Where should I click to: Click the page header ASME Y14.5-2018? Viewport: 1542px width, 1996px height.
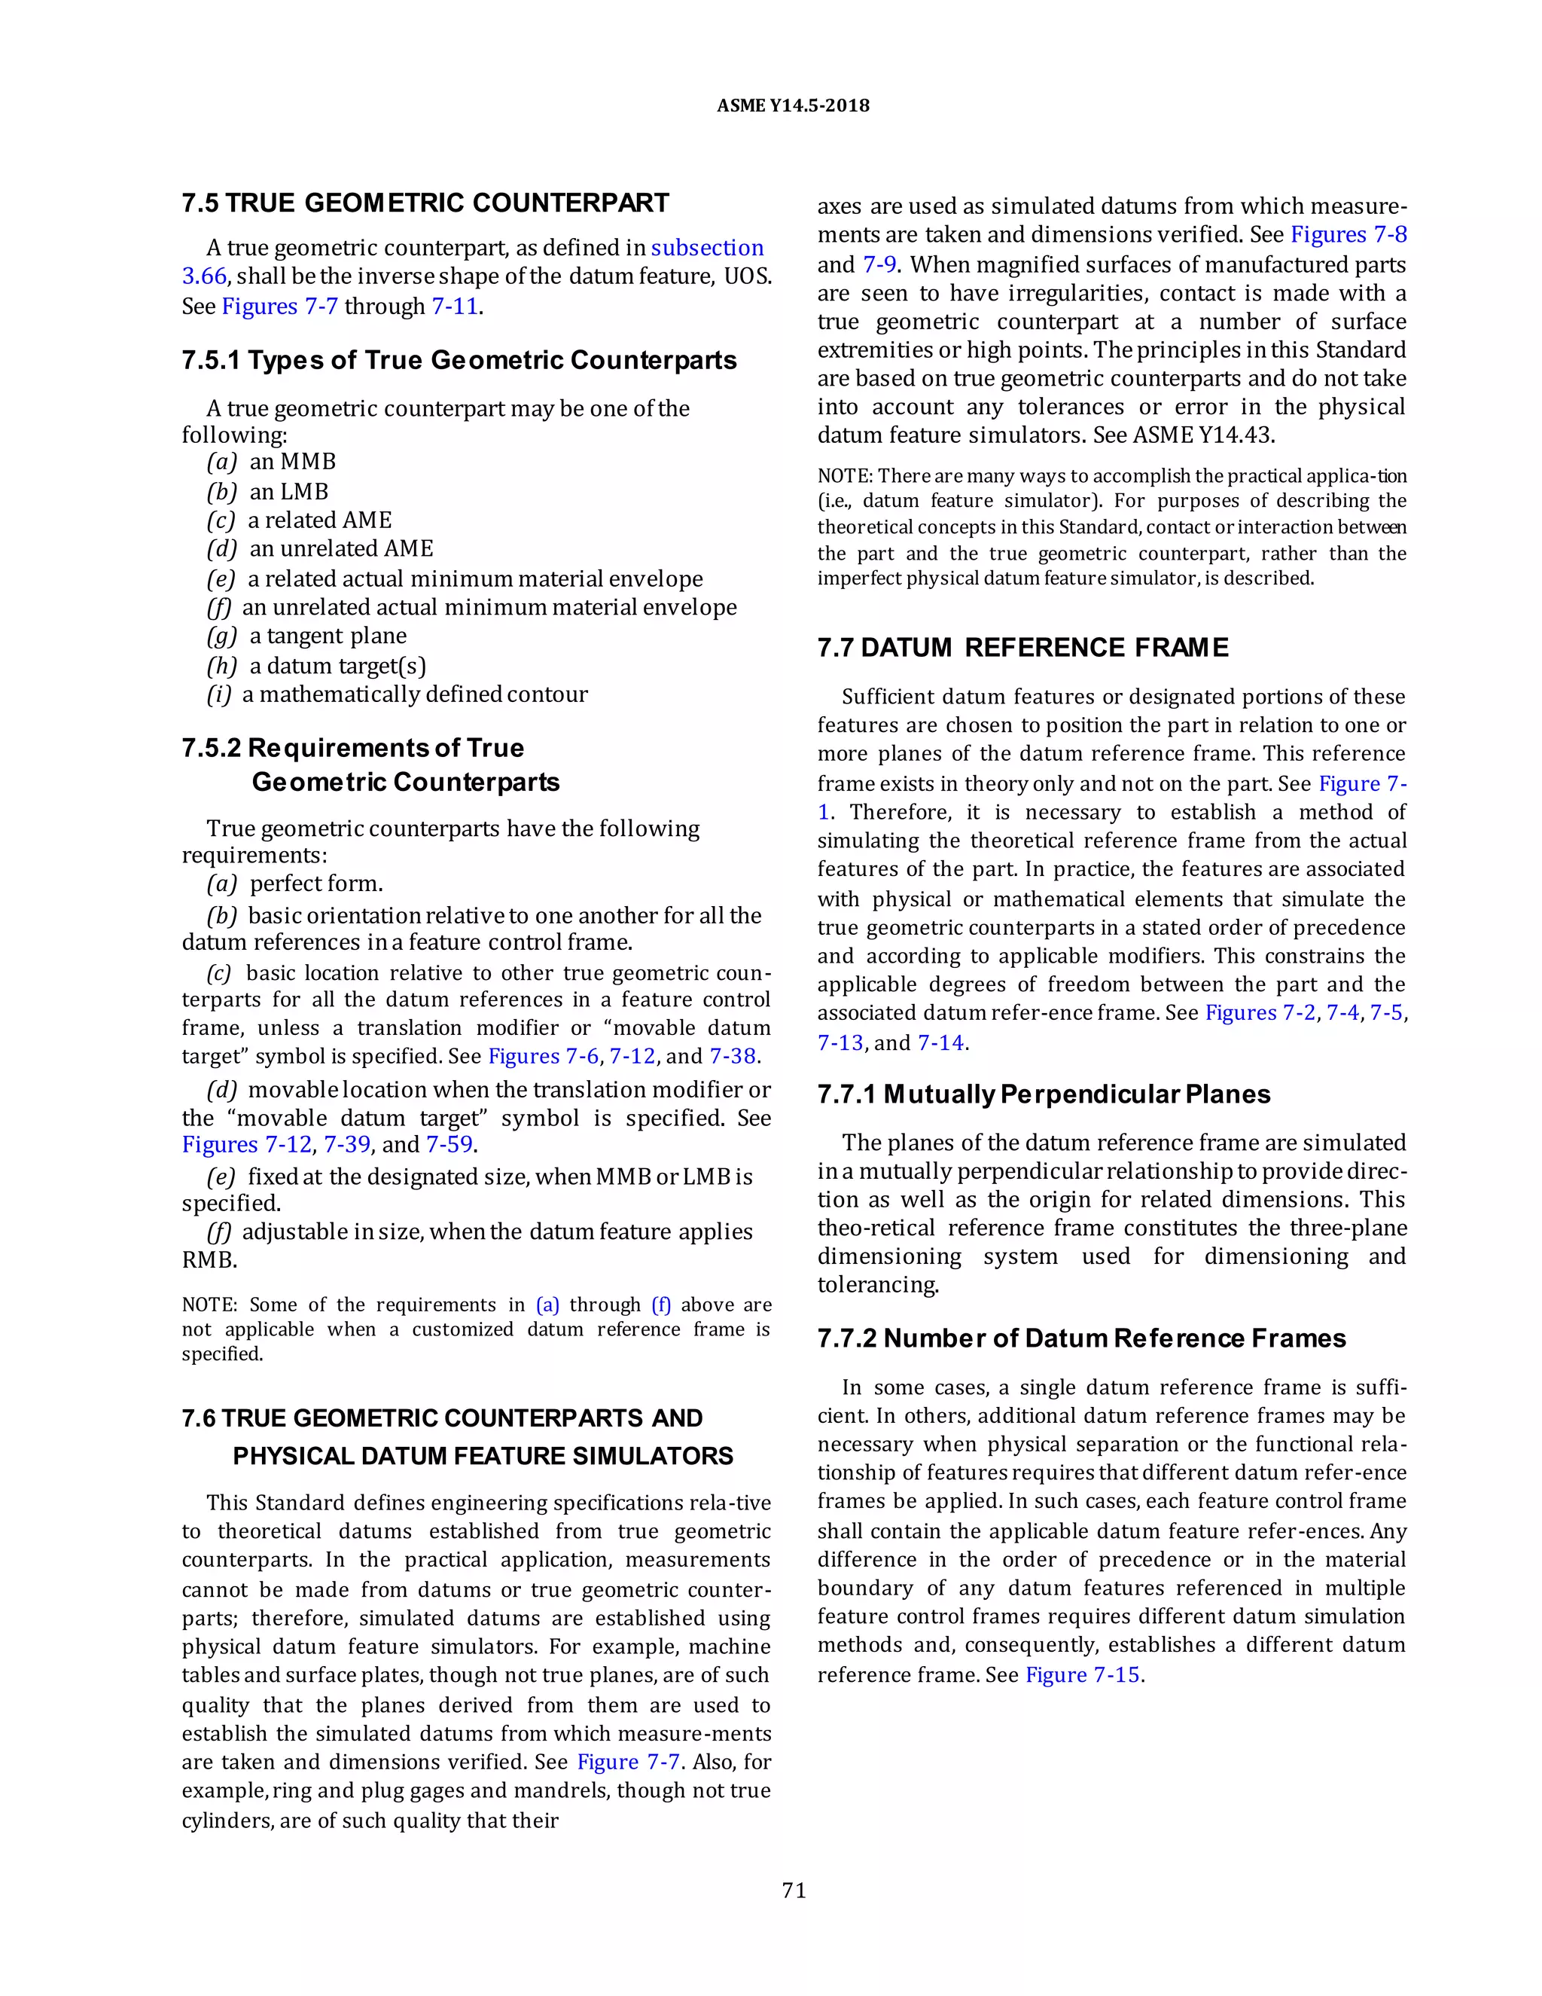[792, 106]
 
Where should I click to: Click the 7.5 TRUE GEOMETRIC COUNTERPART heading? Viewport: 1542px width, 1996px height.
[425, 203]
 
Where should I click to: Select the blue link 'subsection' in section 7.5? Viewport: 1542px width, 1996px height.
[707, 248]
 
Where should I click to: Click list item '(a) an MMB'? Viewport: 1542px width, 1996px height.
[273, 462]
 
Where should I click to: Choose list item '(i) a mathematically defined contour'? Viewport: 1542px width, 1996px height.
[398, 694]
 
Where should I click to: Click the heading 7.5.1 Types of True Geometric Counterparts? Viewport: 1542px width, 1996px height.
[459, 360]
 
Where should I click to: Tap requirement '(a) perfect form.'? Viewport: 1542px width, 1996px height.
[295, 883]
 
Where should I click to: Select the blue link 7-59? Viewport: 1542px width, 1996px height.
[449, 1144]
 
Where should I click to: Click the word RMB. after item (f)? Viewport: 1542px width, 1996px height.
[209, 1259]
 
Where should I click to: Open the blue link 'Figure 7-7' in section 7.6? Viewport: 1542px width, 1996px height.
[628, 1761]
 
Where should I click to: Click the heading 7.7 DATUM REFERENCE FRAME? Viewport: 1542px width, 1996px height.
[1022, 648]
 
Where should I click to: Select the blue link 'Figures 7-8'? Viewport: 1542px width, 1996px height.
[1348, 235]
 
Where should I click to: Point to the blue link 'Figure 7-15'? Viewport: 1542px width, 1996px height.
[1083, 1674]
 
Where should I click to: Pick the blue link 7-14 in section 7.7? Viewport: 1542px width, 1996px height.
[941, 1042]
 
